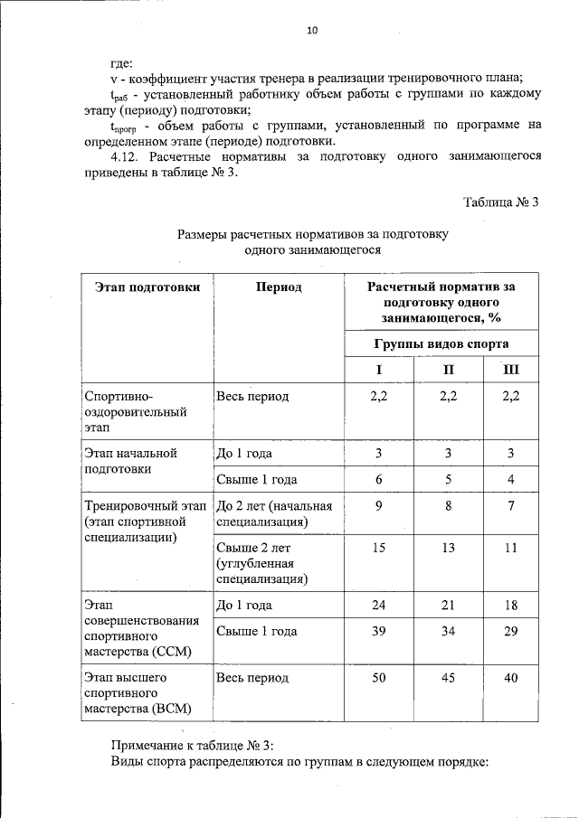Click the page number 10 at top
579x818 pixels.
[312, 30]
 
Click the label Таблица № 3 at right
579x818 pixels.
[500, 202]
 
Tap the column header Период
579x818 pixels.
[278, 287]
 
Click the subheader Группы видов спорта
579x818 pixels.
[441, 343]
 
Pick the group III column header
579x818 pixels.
[511, 370]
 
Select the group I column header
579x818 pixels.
[379, 370]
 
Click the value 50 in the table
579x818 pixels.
[379, 677]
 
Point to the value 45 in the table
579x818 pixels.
[448, 677]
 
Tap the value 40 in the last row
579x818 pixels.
[511, 677]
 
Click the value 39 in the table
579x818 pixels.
[379, 631]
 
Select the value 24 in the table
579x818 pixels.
[379, 605]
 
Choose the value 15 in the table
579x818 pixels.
[379, 547]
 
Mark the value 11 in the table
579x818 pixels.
[511, 547]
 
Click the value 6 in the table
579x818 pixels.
[379, 479]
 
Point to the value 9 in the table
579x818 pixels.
[379, 506]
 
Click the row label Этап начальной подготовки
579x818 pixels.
[129, 461]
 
